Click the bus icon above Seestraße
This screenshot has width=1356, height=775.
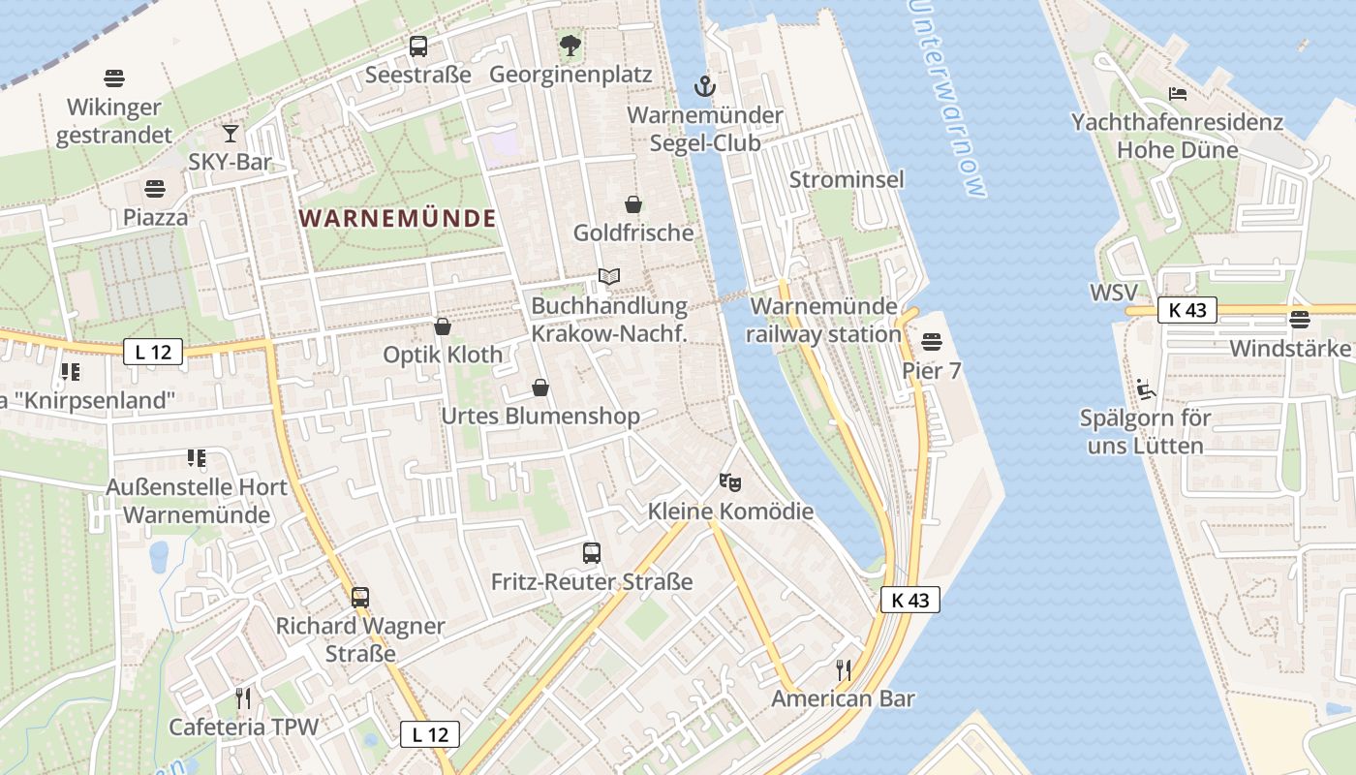click(x=418, y=46)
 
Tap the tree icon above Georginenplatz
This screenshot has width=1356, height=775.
click(x=570, y=45)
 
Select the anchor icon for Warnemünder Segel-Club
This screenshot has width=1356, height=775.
click(x=705, y=86)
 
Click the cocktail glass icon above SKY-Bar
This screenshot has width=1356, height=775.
click(x=231, y=133)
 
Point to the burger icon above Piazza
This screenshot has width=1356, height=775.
click(x=155, y=189)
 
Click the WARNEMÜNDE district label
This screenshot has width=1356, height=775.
click(x=397, y=218)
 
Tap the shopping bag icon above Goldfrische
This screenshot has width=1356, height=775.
click(x=633, y=204)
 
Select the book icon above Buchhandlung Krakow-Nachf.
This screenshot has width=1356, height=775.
click(x=608, y=277)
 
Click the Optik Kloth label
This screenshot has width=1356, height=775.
click(x=443, y=355)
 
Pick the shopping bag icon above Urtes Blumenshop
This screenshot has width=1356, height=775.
click(x=540, y=388)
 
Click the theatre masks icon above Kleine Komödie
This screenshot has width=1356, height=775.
click(x=730, y=481)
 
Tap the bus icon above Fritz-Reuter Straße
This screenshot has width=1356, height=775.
click(x=592, y=553)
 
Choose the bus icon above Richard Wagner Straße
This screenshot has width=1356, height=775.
click(x=359, y=597)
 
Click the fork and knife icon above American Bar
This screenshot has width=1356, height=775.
click(x=844, y=669)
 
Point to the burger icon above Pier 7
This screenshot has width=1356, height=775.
click(x=932, y=341)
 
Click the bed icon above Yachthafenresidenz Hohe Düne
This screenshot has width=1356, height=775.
click(x=1177, y=94)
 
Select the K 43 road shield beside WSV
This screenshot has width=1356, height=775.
click(x=1186, y=310)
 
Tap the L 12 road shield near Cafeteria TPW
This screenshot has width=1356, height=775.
click(x=430, y=734)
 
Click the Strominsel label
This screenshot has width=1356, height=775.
click(x=847, y=179)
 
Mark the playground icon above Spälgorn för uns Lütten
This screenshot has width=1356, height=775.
click(x=1145, y=389)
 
